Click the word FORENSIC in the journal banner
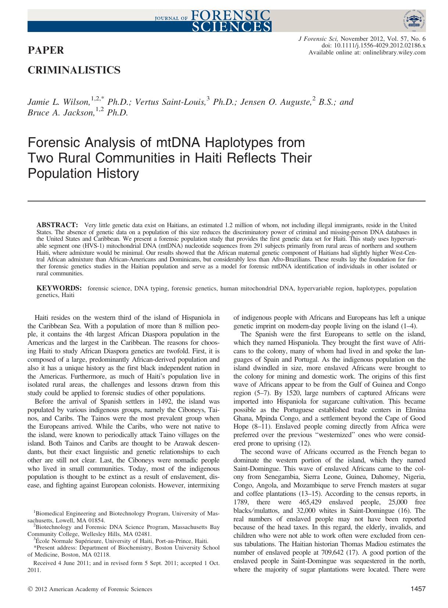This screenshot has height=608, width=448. click(x=230, y=15)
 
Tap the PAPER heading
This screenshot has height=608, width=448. click(x=46, y=50)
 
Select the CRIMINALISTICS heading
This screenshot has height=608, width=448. click(x=74, y=70)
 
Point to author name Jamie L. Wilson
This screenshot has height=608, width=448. click(x=56, y=102)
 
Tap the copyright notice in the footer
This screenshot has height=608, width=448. click(x=90, y=589)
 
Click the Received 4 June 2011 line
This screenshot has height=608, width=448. click(x=125, y=563)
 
